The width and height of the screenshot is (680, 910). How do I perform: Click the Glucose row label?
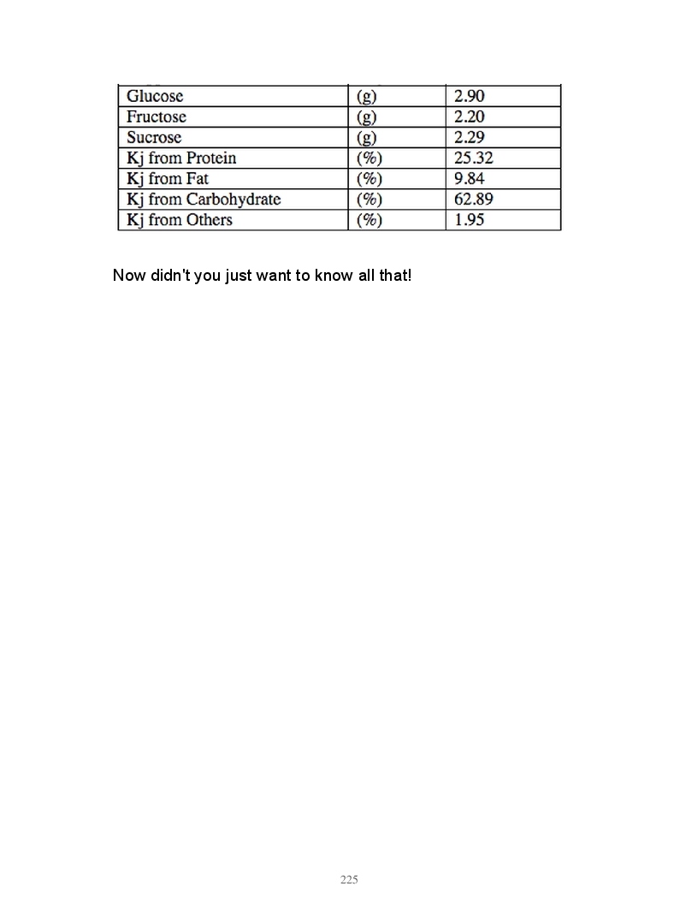(155, 97)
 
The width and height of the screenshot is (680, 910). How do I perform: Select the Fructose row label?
(157, 117)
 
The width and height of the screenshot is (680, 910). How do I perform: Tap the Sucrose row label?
(154, 138)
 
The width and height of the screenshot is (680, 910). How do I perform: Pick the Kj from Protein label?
(181, 158)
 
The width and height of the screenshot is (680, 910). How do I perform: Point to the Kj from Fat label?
(168, 179)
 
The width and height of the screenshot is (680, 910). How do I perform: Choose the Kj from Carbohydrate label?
(204, 199)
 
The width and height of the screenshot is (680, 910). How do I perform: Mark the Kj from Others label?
(180, 220)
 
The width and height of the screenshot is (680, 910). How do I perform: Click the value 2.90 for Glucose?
(469, 97)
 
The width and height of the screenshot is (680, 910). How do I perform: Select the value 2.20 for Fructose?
(469, 117)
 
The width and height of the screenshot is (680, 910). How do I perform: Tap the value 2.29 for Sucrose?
(469, 138)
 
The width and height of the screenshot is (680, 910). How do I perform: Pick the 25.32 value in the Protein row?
(473, 158)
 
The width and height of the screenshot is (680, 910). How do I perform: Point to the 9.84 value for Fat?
(469, 179)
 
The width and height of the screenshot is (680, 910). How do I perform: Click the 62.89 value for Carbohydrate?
(473, 199)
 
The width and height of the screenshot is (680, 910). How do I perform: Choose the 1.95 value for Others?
(469, 220)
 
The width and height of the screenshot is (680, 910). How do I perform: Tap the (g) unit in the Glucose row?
(366, 97)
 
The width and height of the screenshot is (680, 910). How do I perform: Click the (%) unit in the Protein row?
(369, 158)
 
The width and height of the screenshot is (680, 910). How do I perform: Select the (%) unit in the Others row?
(369, 220)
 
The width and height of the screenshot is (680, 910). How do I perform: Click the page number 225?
(349, 879)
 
